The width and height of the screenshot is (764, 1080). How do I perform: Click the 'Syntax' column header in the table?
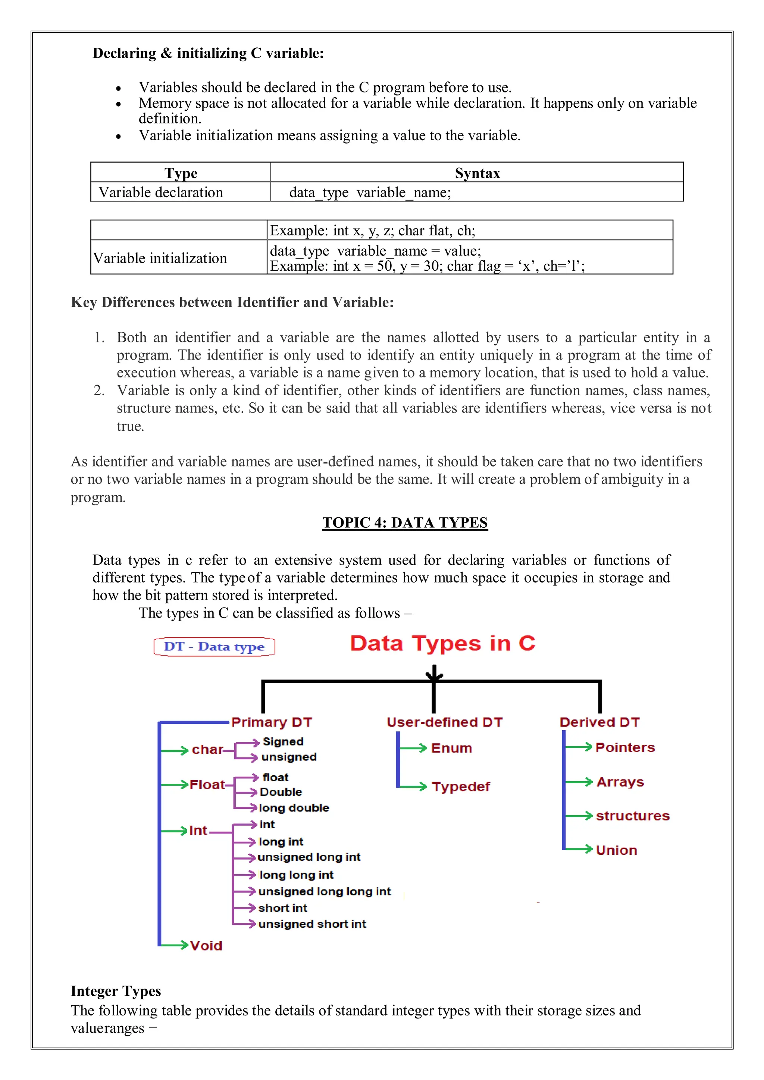477,173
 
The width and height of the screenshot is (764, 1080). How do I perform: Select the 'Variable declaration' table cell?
160,192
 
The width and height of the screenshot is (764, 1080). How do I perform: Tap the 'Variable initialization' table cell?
160,258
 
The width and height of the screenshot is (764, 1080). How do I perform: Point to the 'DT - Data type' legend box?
214,646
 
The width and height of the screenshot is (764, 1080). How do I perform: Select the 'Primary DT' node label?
272,722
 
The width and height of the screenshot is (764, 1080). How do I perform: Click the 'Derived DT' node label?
599,722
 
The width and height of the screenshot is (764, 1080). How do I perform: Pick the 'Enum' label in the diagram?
451,748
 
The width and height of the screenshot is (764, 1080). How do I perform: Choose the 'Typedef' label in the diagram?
461,787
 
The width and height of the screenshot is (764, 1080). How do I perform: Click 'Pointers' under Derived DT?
625,747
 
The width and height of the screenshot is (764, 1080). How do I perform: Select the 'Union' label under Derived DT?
616,850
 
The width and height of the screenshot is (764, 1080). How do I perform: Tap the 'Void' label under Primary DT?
206,945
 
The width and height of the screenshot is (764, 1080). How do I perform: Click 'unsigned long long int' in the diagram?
324,891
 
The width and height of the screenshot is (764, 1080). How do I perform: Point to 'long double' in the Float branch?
294,808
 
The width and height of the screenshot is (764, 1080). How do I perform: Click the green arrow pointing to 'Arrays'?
579,782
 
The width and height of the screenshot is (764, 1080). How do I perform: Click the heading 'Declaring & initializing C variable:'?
208,53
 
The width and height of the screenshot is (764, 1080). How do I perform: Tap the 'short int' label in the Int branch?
282,908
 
